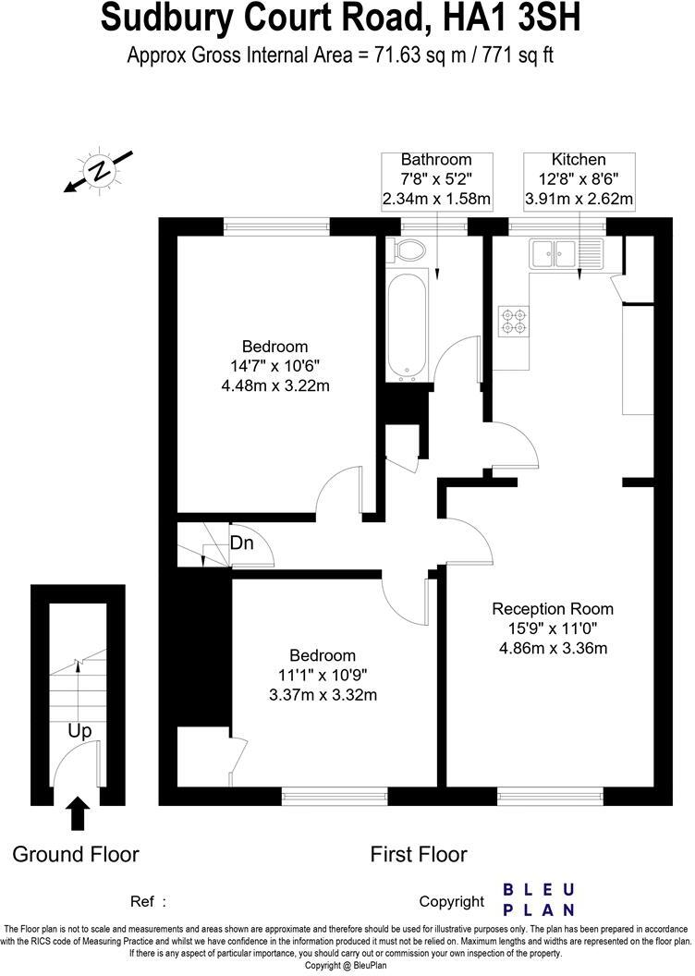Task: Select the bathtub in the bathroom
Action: [408, 328]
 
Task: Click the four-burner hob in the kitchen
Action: [513, 320]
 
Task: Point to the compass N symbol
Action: [97, 171]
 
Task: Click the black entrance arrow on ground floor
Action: [79, 813]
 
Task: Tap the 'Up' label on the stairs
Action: [79, 731]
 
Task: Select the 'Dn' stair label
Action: [242, 543]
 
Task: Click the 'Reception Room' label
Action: [553, 609]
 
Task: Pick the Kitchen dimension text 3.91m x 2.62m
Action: [579, 199]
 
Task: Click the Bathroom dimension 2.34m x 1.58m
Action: [436, 199]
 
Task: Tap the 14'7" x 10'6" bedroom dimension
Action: [275, 366]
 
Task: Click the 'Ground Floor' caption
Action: [76, 854]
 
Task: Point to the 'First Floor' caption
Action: [419, 854]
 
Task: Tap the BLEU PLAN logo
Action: [538, 898]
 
